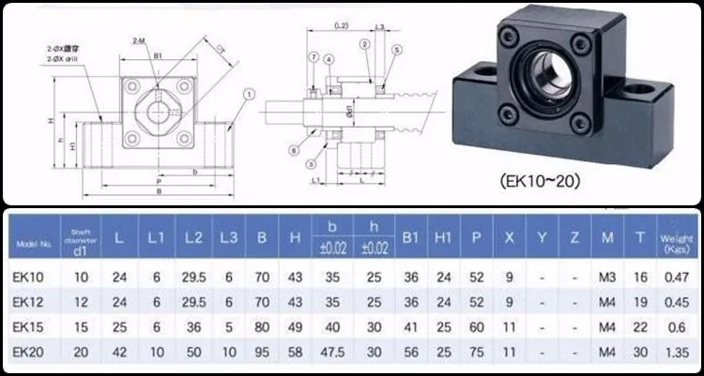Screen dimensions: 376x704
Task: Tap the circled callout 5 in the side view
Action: [x=398, y=49]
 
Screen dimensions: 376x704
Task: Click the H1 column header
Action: [x=441, y=239]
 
